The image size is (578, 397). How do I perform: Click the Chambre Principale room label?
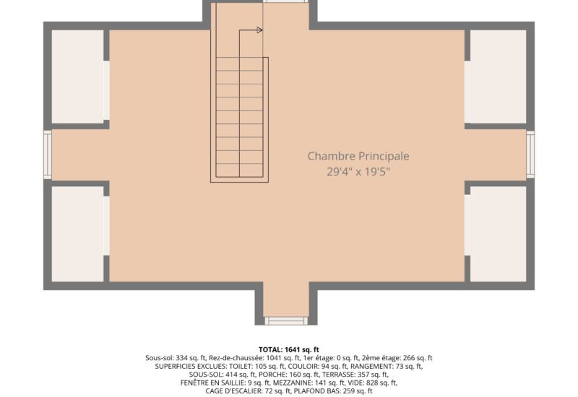coord(358,156)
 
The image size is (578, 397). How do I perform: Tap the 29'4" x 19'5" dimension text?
coord(358,172)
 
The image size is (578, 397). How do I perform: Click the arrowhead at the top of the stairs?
coord(259,30)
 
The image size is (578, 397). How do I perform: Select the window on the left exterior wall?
coord(48,154)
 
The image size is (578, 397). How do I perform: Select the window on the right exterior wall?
coord(530,154)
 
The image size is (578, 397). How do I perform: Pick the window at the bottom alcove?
coord(286,320)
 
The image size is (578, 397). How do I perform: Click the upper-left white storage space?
coord(78,77)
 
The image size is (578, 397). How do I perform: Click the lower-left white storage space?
coord(78,234)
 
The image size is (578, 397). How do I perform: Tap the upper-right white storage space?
coord(498,77)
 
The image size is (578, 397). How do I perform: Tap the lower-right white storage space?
coord(498,234)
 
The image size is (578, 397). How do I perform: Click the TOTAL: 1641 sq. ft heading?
coord(288,349)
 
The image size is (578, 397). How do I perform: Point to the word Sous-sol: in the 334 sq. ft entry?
coord(159,358)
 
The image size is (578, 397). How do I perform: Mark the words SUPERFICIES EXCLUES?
coord(191,367)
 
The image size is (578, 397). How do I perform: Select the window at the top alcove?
coord(286,1)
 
